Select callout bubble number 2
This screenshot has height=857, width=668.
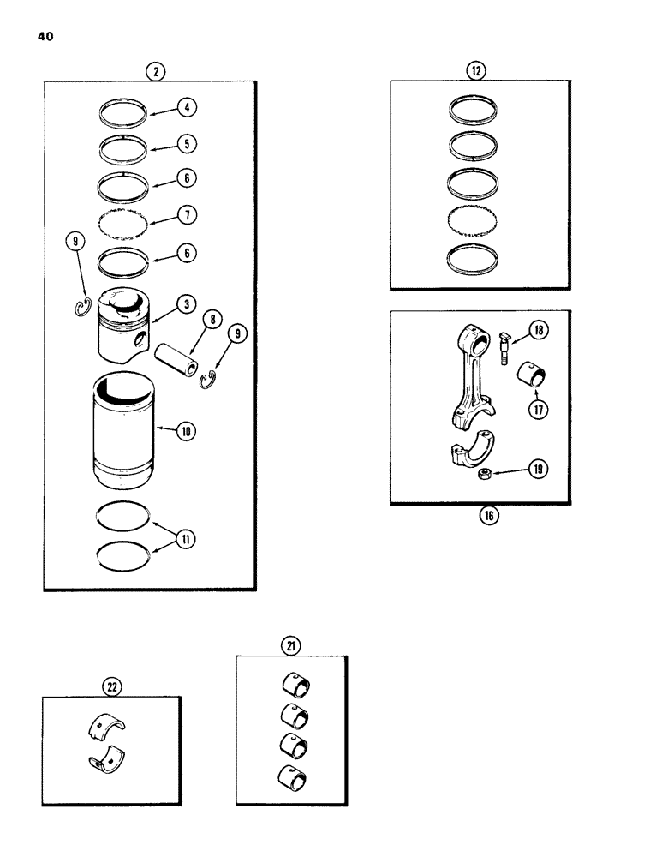pyautogui.click(x=155, y=71)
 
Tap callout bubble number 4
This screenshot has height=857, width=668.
pyautogui.click(x=188, y=107)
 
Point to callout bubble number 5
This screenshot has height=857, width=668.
pyautogui.click(x=188, y=143)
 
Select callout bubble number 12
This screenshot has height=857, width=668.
pyautogui.click(x=474, y=71)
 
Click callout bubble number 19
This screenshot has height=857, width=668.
pyautogui.click(x=540, y=469)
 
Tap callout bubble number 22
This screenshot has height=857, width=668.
pyautogui.click(x=112, y=685)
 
